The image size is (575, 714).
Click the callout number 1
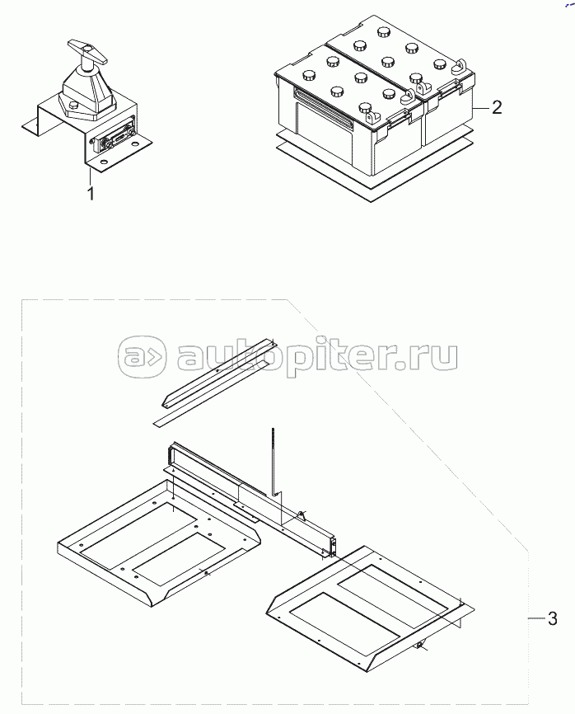coord(91,194)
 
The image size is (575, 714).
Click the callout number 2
coord(497,107)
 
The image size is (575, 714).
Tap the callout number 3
coord(552,619)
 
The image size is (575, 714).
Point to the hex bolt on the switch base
coord(73,106)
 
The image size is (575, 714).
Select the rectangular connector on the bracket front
coord(114,137)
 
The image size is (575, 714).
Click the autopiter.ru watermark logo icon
coord(141,357)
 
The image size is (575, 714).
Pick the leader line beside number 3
coord(536,618)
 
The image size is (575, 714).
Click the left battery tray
coord(158,542)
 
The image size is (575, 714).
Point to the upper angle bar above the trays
coord(218,373)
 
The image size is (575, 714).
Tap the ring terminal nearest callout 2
coord(460,66)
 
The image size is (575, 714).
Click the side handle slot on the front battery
coord(324,106)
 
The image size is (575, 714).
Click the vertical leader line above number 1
coord(90,176)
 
